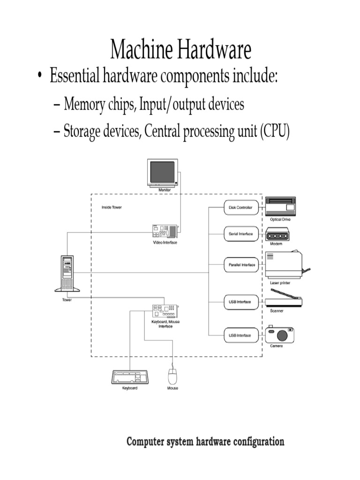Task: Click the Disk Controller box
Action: (x=240, y=207)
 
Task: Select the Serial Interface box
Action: (x=240, y=234)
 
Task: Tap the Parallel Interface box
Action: (x=240, y=265)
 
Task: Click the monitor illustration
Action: (x=163, y=173)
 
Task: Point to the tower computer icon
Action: (x=67, y=273)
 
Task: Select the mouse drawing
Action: (x=172, y=375)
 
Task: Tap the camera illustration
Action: (x=280, y=335)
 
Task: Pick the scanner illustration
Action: (x=284, y=298)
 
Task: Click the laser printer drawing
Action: (x=284, y=265)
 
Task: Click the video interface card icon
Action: (x=165, y=231)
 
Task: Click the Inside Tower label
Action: (x=112, y=207)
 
